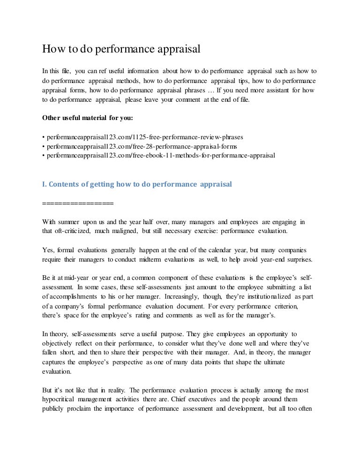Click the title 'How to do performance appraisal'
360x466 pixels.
click(121, 49)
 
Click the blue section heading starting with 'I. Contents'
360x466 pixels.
click(137, 184)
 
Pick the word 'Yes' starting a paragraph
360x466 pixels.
click(48, 250)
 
